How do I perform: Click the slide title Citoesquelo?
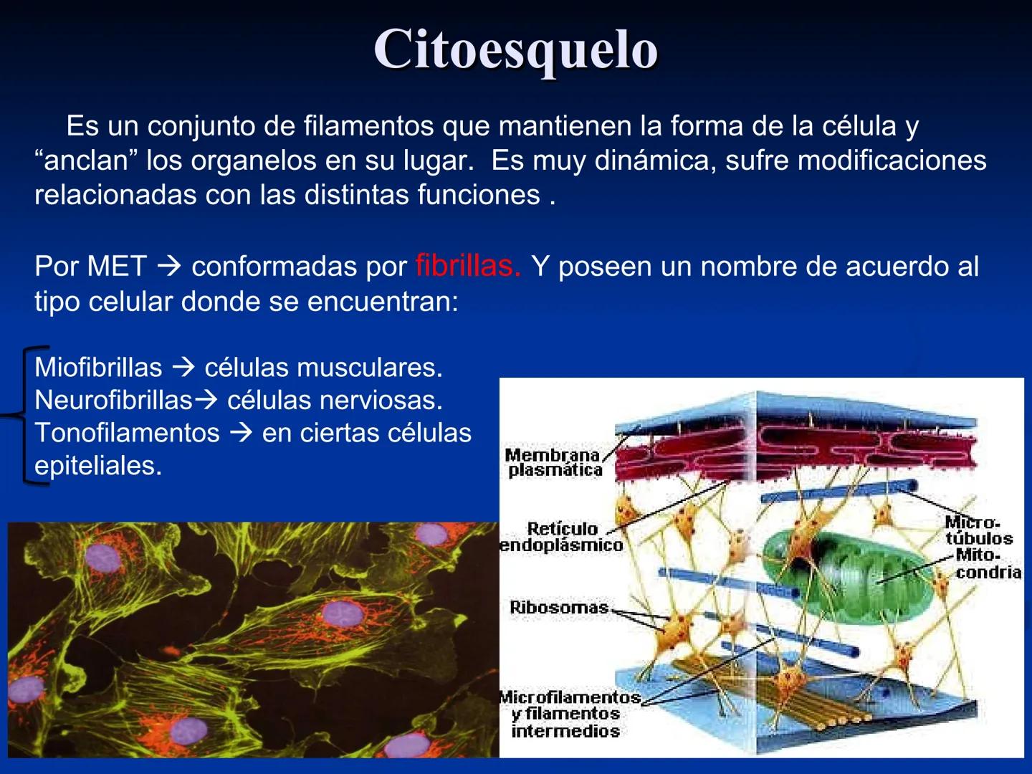pyautogui.click(x=515, y=50)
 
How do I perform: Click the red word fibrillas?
pyautogui.click(x=467, y=267)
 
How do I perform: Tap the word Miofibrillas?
pyautogui.click(x=98, y=368)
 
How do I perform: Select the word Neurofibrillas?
pyautogui.click(x=113, y=400)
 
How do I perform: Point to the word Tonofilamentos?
pyautogui.click(x=127, y=433)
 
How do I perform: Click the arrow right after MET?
pyautogui.click(x=169, y=267)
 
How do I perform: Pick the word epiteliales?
pyautogui.click(x=98, y=466)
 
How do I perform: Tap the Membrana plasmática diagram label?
pyautogui.click(x=554, y=462)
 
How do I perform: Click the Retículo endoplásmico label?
pyautogui.click(x=561, y=537)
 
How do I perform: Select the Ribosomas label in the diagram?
pyautogui.click(x=559, y=607)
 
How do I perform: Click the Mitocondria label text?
pyautogui.click(x=988, y=563)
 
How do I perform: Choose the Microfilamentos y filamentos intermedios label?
pyautogui.click(x=568, y=714)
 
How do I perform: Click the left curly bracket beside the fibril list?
pyautogui.click(x=25, y=416)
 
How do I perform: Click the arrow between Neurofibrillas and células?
pyautogui.click(x=206, y=400)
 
